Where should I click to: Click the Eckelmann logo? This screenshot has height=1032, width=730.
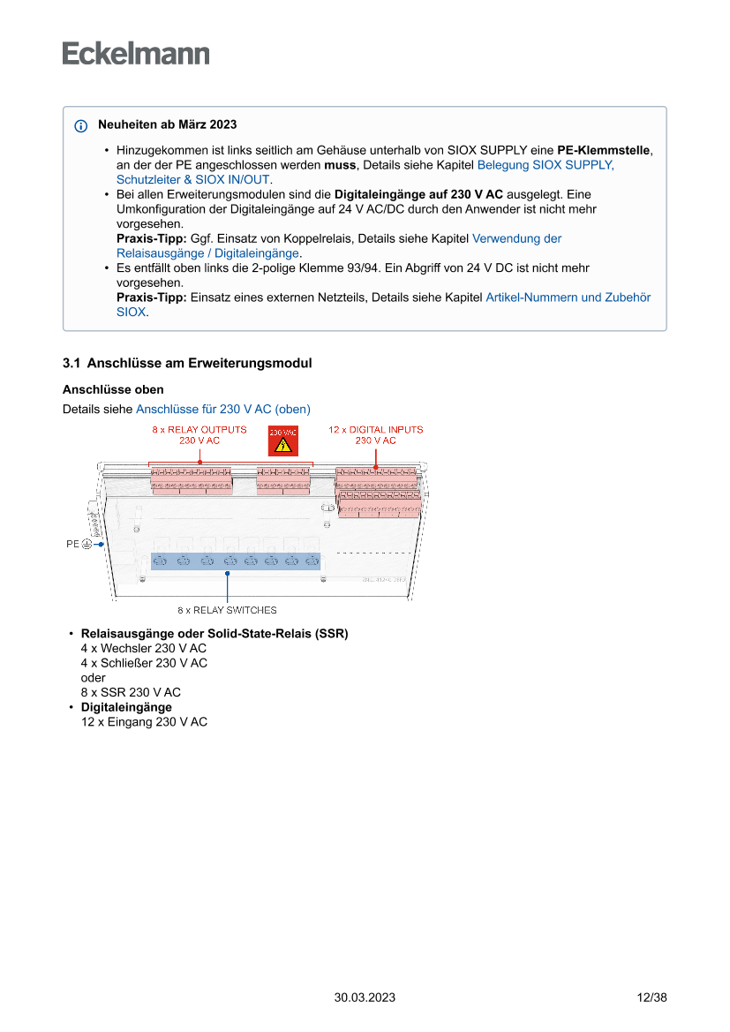136,54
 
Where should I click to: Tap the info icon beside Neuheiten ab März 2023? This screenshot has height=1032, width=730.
81,125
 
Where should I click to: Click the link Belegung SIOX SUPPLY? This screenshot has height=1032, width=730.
545,165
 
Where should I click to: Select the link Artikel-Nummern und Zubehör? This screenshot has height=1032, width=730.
568,298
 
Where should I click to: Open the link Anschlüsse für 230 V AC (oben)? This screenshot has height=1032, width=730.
222,409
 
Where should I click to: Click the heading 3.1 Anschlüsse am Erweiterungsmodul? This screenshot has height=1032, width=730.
187,364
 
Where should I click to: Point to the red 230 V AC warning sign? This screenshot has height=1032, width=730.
282,441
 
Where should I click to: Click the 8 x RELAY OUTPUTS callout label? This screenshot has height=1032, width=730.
199,434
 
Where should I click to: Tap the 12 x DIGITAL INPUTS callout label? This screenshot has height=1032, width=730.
375,434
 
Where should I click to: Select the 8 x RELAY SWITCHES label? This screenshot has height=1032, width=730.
227,610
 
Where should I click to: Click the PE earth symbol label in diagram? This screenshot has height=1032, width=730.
79,545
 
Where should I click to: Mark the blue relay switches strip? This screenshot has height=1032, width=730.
235,561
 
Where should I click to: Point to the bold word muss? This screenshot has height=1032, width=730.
341,165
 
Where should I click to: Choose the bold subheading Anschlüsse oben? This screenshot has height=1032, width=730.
113,389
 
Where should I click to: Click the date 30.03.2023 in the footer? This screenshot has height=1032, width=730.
365,998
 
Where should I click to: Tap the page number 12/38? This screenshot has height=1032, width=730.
651,998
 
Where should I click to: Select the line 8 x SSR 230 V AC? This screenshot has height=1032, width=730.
131,692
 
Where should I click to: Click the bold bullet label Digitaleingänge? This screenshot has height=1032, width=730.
126,707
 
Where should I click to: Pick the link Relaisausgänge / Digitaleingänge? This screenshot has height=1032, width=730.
207,253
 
